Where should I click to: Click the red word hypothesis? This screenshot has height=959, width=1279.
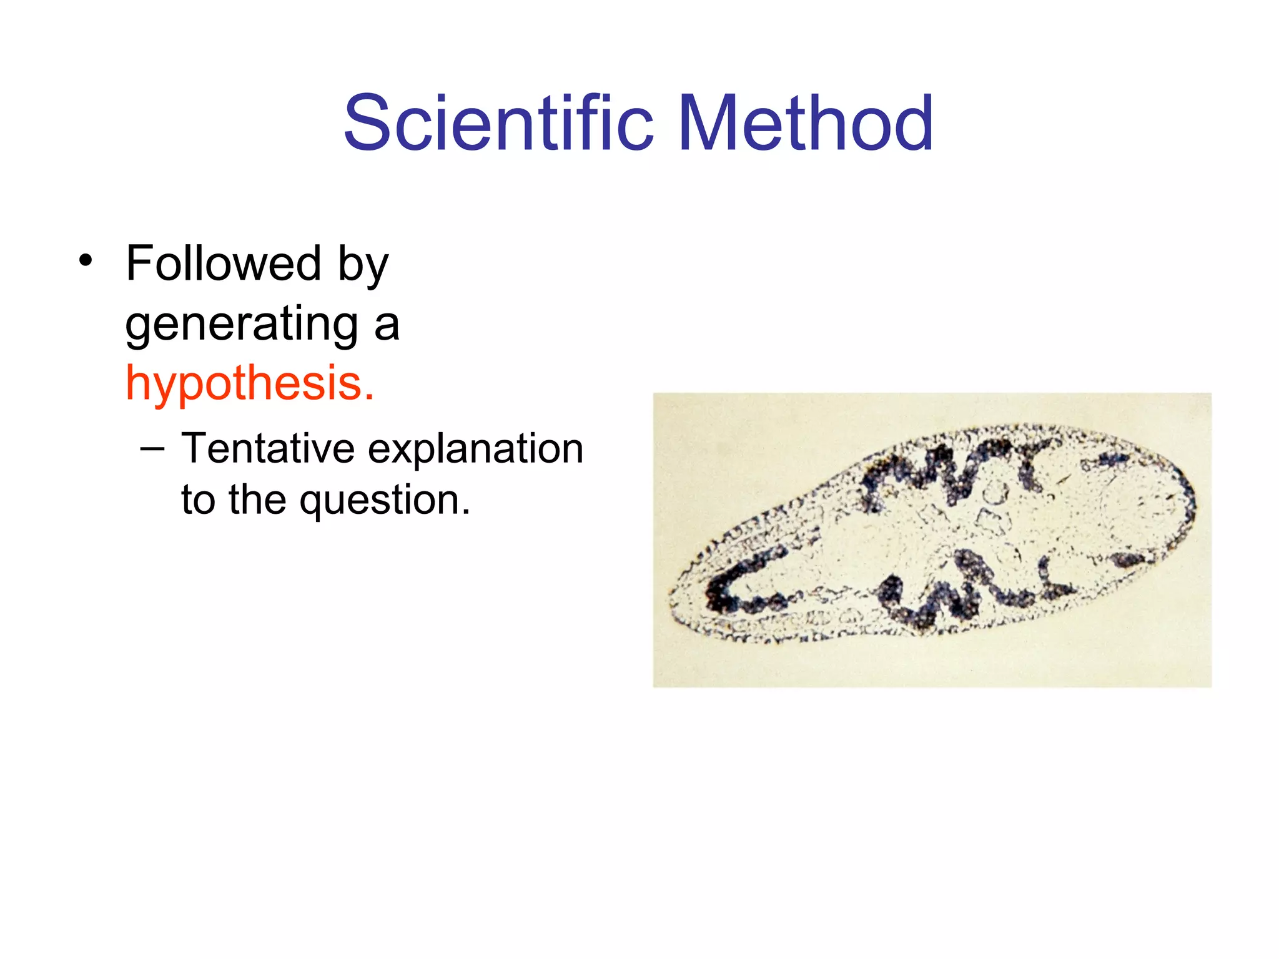tap(244, 383)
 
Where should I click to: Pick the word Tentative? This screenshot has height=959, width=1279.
tap(268, 449)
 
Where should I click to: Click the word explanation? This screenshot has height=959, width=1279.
tap(475, 451)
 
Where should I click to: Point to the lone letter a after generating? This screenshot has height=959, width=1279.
tap(387, 327)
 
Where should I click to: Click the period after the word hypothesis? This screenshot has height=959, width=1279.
tap(370, 397)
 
